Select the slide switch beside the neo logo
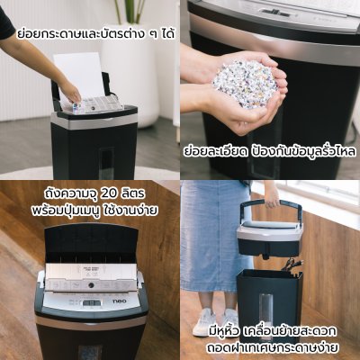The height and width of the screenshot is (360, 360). [x=92, y=302]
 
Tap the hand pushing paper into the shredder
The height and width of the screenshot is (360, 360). [x=69, y=92]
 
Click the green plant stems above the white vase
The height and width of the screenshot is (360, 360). [x=130, y=12]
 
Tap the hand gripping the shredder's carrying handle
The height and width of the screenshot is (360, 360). [x=273, y=195]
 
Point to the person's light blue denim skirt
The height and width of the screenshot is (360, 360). [x=213, y=236]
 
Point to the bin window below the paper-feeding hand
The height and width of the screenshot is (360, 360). [x=106, y=160]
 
